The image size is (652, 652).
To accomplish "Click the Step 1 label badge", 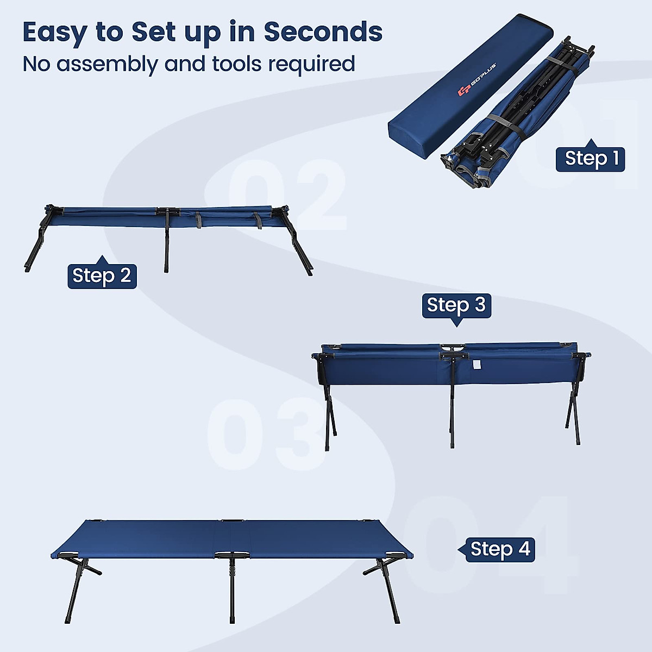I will [591, 159].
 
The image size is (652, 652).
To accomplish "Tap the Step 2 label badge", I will [102, 276].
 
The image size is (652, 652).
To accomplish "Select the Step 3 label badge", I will [456, 305].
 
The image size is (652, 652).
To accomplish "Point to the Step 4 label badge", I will [500, 549].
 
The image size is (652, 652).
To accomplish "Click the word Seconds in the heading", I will [323, 32].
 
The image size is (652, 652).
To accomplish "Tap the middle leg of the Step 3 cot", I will [452, 413].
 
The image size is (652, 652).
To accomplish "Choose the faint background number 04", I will [489, 543].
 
